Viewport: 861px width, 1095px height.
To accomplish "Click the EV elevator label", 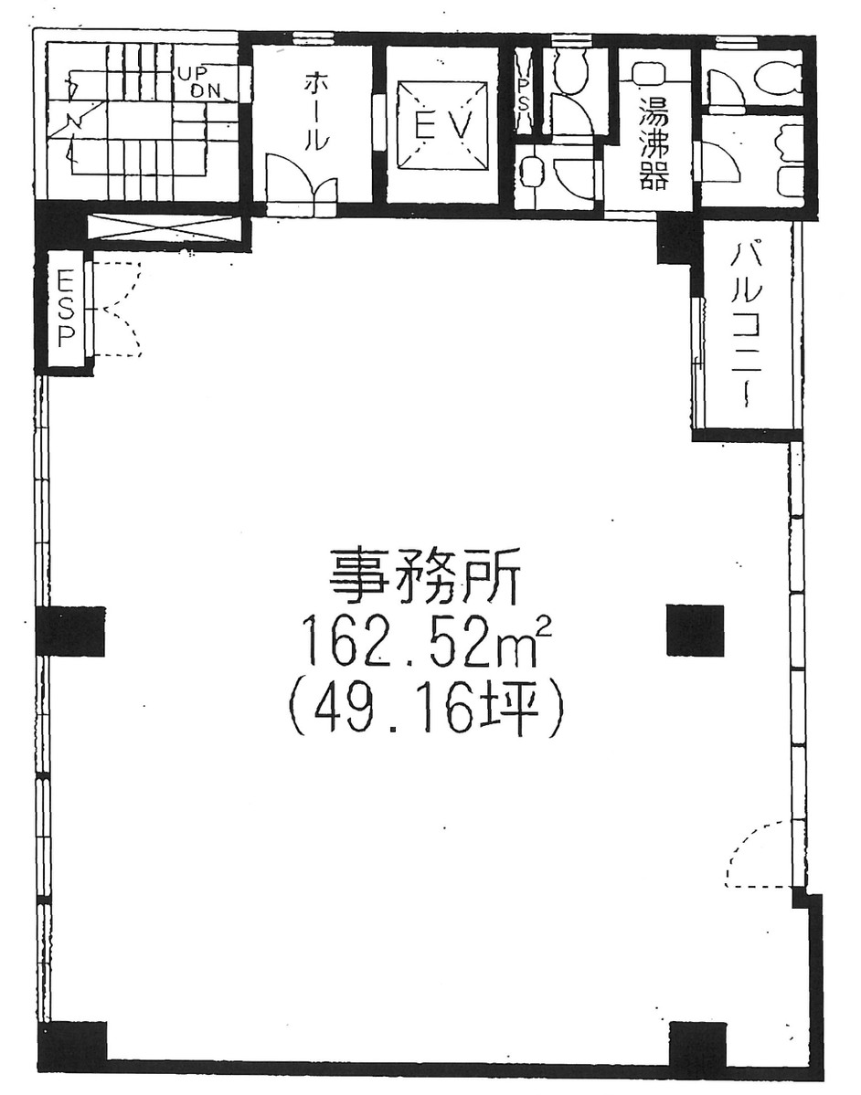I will pos(441,128).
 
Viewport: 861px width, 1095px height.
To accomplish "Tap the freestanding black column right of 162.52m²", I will pos(695,630).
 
